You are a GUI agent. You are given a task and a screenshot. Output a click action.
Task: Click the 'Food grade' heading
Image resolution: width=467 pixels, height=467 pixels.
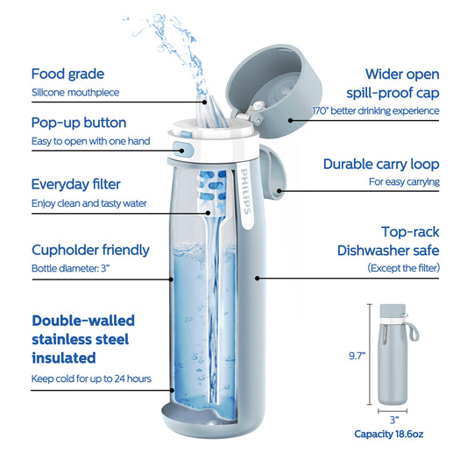point(68,74)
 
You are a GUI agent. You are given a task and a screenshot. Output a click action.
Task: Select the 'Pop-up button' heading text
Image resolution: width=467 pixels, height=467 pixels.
point(79,123)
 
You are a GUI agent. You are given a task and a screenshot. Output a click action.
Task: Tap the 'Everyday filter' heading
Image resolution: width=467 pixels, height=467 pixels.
point(76,184)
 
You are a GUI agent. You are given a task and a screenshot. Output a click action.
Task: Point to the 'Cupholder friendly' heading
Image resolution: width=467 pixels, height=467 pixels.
point(90,251)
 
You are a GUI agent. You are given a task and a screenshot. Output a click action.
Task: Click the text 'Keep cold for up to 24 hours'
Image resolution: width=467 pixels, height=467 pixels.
point(91,379)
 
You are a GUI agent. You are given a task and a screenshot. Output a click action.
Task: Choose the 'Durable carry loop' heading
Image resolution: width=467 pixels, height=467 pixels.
point(381,164)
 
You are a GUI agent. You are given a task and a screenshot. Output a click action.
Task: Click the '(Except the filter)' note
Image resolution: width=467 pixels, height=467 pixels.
point(404,268)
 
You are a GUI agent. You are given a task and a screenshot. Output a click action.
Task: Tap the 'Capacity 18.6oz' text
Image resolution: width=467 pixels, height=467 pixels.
point(389,434)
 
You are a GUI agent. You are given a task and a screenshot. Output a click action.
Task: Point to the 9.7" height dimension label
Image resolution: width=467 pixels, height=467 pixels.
point(357,356)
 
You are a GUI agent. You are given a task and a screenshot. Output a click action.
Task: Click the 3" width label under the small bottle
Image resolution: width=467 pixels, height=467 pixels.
point(394,420)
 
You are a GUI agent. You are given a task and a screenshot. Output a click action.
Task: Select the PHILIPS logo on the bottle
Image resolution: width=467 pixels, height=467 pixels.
point(245,192)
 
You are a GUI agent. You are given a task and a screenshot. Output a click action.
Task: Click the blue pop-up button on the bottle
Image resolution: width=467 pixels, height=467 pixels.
point(183,150)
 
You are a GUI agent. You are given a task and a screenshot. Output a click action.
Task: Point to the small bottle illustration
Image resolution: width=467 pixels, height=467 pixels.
point(395,355)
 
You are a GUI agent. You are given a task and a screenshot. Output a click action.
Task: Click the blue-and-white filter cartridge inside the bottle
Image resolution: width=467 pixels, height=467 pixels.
point(212,191)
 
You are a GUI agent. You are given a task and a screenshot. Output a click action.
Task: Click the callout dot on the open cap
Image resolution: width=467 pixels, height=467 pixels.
point(291,120)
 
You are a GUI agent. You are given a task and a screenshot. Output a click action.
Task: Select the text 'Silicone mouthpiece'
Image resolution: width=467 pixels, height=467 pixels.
point(75,93)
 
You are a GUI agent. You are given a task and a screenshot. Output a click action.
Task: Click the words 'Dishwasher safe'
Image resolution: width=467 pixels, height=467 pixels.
point(388,251)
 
